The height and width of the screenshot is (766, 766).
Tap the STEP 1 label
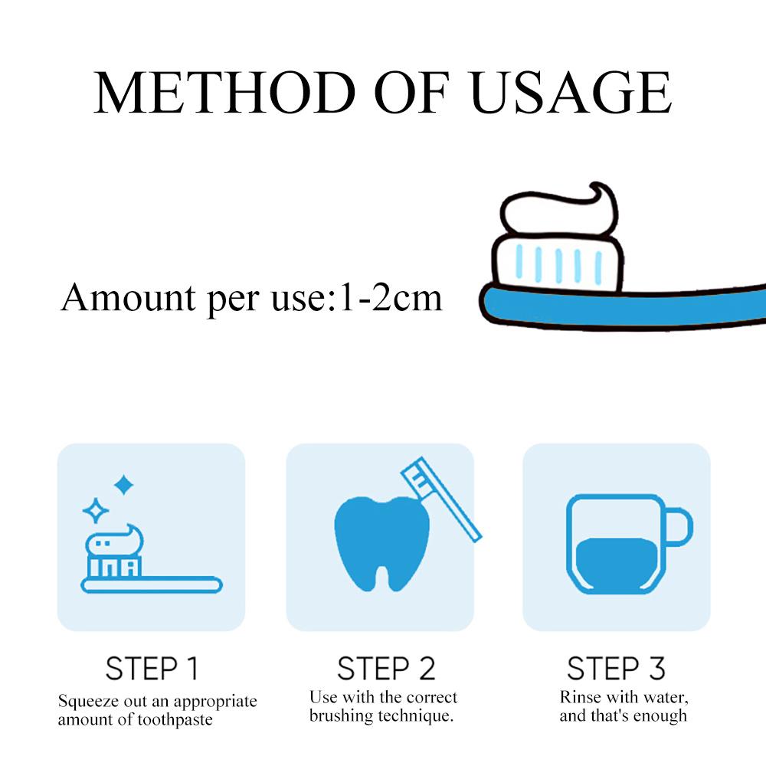pyautogui.click(x=152, y=668)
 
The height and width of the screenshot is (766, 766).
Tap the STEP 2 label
pyautogui.click(x=386, y=668)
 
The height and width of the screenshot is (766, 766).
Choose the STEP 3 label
pyautogui.click(x=616, y=668)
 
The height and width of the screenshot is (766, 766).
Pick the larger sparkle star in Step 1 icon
pyautogui.click(x=123, y=484)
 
